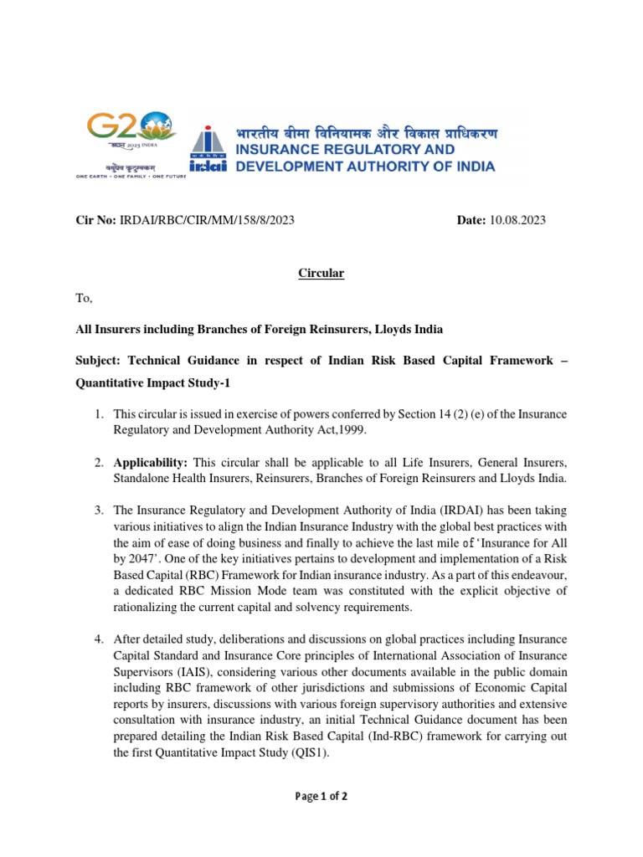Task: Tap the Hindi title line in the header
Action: pos(366,134)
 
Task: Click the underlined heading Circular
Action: pos(321,274)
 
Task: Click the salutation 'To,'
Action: pos(85,299)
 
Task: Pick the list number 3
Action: pos(98,511)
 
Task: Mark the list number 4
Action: pos(98,640)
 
